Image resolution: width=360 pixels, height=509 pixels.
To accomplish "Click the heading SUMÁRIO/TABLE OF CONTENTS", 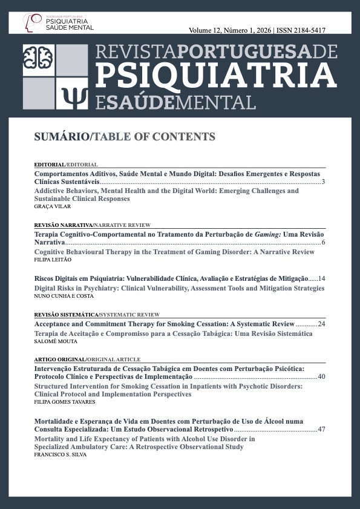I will tap(125, 137).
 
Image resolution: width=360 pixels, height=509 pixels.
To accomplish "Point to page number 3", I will tap(324, 182).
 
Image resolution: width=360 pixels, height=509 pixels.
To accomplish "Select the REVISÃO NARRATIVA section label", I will tap(56, 225).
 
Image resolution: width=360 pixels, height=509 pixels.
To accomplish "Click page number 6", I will tap(324, 243).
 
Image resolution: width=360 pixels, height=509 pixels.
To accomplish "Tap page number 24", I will tap(321, 324).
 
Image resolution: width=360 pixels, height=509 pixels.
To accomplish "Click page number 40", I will tap(321, 377).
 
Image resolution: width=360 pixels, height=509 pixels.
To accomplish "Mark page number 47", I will tap(321, 429).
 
